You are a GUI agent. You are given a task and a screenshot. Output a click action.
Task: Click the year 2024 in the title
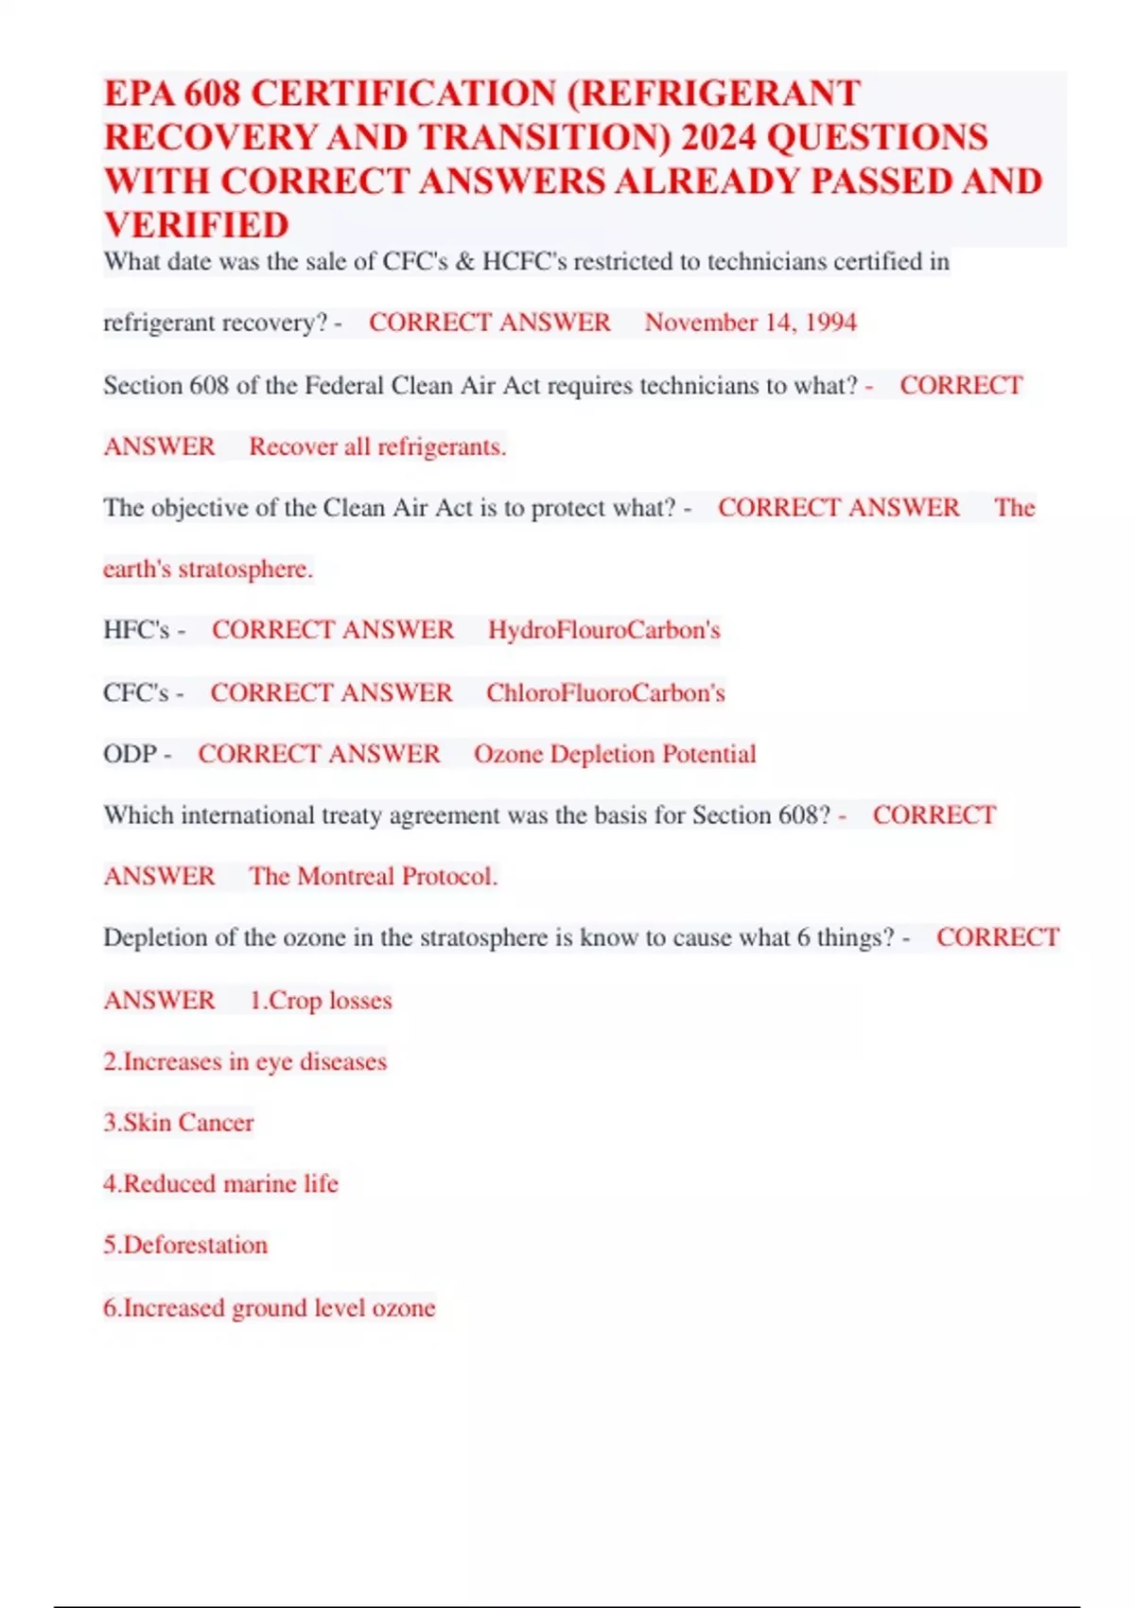coord(718,138)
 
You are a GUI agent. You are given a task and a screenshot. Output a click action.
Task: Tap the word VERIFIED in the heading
coord(197,225)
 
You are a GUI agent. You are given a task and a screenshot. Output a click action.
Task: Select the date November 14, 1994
coord(750,323)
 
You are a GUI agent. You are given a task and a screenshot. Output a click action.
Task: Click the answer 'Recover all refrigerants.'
coord(377,446)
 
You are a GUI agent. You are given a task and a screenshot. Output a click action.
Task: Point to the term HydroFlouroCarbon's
coord(603,630)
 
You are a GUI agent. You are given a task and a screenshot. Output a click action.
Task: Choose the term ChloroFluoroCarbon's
coord(605,692)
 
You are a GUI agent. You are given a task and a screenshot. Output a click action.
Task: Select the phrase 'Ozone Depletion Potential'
coord(615,754)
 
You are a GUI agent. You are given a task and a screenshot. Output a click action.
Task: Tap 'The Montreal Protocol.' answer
coord(373,876)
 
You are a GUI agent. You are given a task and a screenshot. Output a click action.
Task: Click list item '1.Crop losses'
coord(321,1000)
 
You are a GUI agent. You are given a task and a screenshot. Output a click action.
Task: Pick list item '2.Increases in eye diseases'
coord(245,1061)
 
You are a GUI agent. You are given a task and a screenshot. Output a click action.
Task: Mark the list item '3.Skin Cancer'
coord(179,1123)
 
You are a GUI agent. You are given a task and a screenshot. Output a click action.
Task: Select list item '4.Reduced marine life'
coord(220,1183)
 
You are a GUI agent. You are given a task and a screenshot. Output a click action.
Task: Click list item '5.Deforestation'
coord(185,1245)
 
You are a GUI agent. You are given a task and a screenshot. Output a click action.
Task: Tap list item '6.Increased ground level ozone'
coord(270,1307)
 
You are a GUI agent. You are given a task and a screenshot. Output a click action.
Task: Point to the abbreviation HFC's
coord(136,630)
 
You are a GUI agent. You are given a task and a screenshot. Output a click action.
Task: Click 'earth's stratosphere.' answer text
coord(208,569)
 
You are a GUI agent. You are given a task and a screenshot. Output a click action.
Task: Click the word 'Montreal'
coord(346,876)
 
